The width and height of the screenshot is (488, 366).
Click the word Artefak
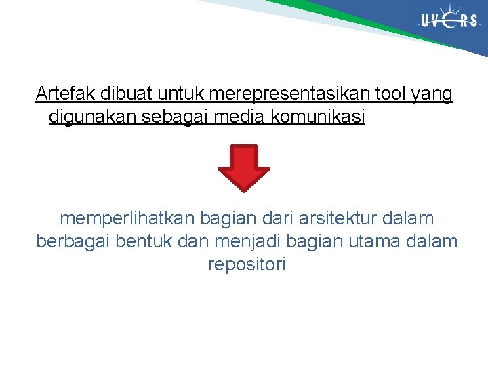(64, 93)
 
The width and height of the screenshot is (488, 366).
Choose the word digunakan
(93, 117)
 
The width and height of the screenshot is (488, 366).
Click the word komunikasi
(318, 117)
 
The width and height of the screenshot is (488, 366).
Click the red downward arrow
(243, 167)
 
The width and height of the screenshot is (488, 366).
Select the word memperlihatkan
(126, 219)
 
